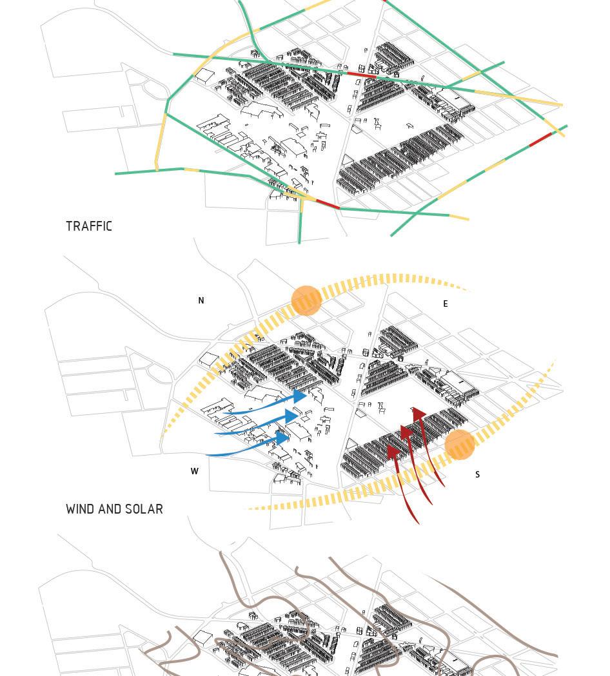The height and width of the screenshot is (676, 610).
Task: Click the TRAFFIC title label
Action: (x=89, y=226)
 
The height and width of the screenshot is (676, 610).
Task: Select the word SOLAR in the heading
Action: (x=144, y=509)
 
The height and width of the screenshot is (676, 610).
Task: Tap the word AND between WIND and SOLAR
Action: (x=112, y=509)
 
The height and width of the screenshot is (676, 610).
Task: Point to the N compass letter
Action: (x=201, y=300)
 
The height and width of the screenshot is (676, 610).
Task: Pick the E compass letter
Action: (x=445, y=304)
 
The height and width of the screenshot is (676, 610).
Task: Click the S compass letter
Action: (x=477, y=474)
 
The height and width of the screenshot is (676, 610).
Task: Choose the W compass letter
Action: (x=194, y=471)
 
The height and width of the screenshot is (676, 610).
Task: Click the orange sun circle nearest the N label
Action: (x=306, y=301)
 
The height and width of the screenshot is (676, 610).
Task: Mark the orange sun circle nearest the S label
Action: (x=460, y=445)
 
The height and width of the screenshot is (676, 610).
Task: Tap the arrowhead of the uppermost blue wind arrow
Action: (x=300, y=396)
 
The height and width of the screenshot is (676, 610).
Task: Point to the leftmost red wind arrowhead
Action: (x=391, y=452)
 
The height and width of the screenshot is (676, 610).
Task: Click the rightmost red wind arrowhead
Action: (x=418, y=414)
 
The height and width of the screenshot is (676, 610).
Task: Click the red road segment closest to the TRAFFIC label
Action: (x=328, y=204)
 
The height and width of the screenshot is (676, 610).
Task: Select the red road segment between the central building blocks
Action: (x=361, y=75)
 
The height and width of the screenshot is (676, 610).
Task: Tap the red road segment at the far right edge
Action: (x=541, y=140)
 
